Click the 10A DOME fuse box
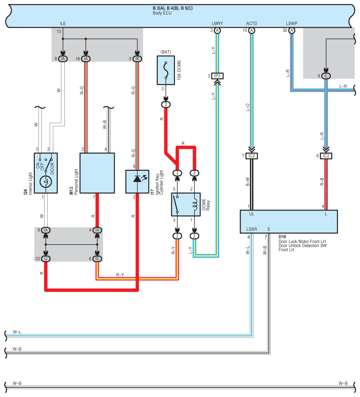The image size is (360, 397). pyautogui.click(x=166, y=70)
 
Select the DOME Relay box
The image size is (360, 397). pyautogui.click(x=186, y=205)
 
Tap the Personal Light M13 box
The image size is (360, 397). pyautogui.click(x=97, y=173)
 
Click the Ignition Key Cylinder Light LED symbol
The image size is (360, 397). pyautogui.click(x=137, y=179)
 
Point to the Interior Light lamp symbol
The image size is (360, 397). pyautogui.click(x=46, y=181)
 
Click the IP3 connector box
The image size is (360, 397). pyautogui.click(x=217, y=76)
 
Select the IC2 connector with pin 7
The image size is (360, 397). pyautogui.click(x=252, y=156)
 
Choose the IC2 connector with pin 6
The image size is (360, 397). pyautogui.click(x=326, y=156)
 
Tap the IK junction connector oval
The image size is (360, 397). pyautogui.click(x=137, y=59)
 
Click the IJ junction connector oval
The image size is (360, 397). pyautogui.click(x=46, y=259)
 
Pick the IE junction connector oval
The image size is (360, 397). pyautogui.click(x=97, y=259)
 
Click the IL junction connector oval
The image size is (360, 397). pyautogui.click(x=326, y=76)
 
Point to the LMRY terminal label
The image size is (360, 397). pyautogui.click(x=217, y=23)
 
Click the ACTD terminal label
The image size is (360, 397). pyautogui.click(x=252, y=23)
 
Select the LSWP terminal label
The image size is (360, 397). pyautogui.click(x=292, y=23)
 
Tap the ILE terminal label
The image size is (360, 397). pyautogui.click(x=63, y=23)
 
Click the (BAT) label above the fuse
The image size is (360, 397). pyautogui.click(x=166, y=52)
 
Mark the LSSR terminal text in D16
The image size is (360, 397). pyautogui.click(x=252, y=229)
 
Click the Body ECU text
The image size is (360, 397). pyautogui.click(x=162, y=13)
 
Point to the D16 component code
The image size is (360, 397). pyautogui.click(x=282, y=237)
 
